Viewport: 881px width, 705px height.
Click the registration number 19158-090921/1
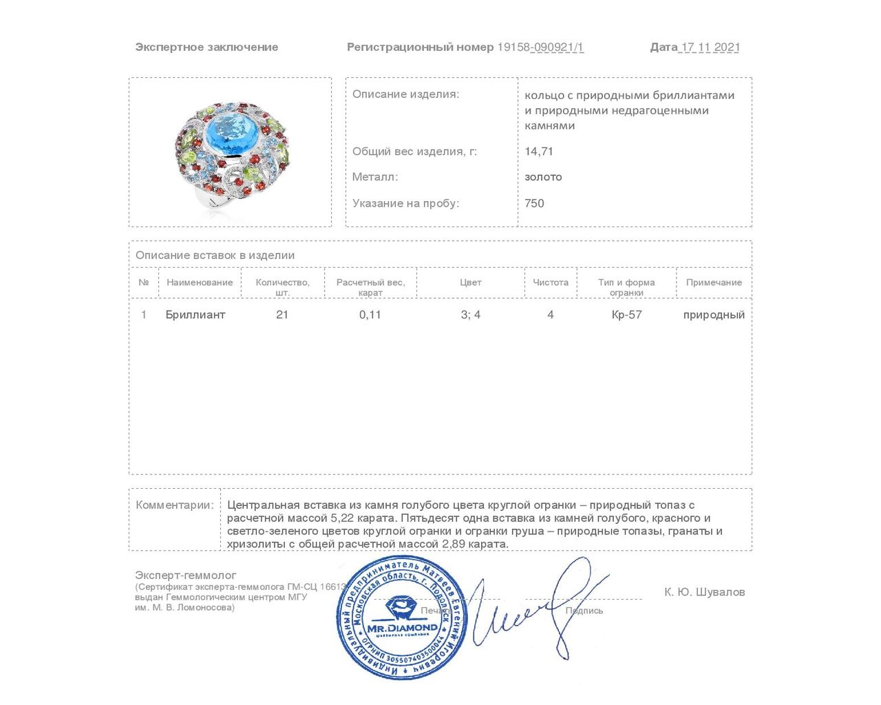(x=540, y=47)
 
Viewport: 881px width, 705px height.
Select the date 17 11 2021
(x=710, y=47)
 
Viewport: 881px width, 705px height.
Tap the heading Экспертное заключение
(x=206, y=47)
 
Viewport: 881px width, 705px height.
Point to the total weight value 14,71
(x=539, y=151)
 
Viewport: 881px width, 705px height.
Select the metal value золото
(x=543, y=177)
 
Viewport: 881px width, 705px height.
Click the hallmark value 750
(x=534, y=203)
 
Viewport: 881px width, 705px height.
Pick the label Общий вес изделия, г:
(x=414, y=151)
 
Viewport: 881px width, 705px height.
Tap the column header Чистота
(x=551, y=282)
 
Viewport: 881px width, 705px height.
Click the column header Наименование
(x=200, y=282)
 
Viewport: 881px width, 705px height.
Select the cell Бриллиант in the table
(x=195, y=315)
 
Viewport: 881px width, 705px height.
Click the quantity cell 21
(x=282, y=315)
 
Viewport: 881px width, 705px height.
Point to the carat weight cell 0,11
(x=370, y=315)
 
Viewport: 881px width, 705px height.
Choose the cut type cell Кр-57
(x=626, y=315)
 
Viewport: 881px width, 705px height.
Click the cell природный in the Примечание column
(x=714, y=315)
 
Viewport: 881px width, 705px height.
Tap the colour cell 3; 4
(x=471, y=315)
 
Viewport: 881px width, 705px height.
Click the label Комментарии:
(x=175, y=505)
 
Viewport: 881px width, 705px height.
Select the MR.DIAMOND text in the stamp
(x=403, y=627)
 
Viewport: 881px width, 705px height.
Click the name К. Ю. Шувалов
(x=704, y=592)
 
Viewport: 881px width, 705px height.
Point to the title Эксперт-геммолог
(x=186, y=575)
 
